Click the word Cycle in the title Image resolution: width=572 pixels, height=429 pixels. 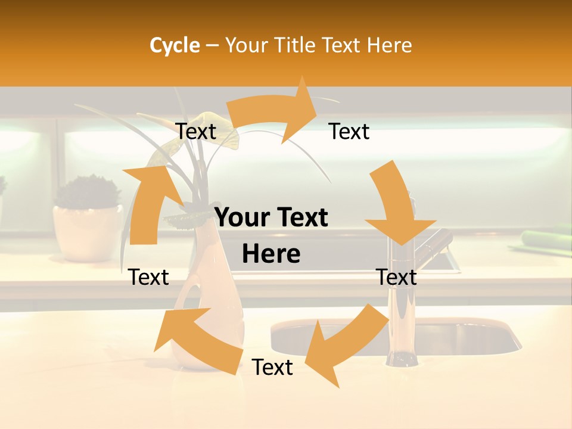pos(175,45)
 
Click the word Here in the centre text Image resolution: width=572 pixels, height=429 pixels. pos(271,254)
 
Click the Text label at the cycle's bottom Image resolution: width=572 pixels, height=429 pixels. pos(272,368)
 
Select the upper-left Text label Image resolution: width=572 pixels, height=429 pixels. pos(195,132)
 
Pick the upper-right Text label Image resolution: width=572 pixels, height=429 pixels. pos(349,132)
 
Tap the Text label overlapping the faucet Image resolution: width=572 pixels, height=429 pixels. pos(396,277)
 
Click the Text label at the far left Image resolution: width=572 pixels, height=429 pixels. pos(148,277)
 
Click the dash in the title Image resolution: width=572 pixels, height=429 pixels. pos(212,46)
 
